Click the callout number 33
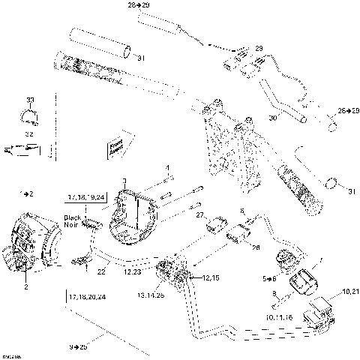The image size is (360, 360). click(x=30, y=100)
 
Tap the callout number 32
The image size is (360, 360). click(x=30, y=134)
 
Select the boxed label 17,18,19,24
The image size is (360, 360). click(x=86, y=197)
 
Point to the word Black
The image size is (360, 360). click(x=70, y=217)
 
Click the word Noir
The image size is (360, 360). click(x=70, y=226)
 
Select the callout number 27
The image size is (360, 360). click(x=200, y=215)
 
